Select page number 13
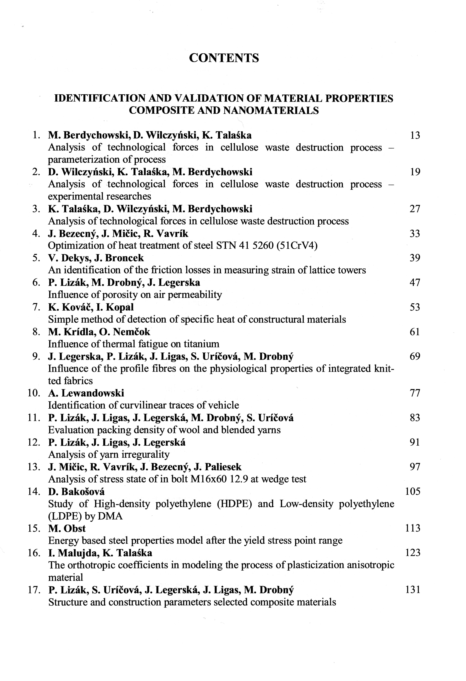pos(415,135)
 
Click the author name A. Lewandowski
pos(86,393)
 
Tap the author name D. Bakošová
pos(76,491)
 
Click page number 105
pos(413,491)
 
